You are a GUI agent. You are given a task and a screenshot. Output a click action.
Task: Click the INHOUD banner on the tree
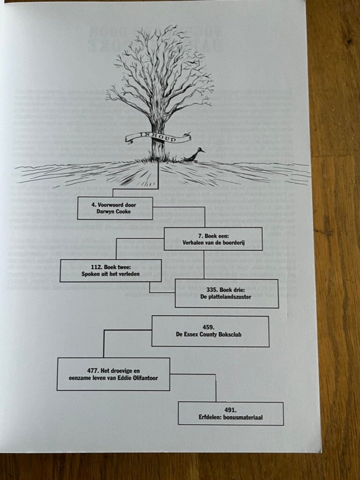point(157,138)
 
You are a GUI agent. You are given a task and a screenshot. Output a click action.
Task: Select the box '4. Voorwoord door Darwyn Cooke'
point(115,208)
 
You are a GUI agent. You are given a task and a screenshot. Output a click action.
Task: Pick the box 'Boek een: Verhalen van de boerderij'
point(213,239)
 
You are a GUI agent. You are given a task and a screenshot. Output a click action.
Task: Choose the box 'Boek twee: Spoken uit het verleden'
point(111,270)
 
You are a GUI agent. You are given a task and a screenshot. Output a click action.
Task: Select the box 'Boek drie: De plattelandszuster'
point(227,293)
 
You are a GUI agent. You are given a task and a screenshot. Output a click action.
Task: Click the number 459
point(210,327)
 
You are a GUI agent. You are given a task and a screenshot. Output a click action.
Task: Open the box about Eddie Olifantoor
point(113,374)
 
